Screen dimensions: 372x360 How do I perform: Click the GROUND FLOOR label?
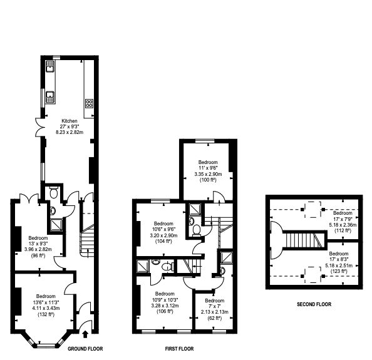[85, 349]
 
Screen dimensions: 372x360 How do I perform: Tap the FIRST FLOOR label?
[179, 349]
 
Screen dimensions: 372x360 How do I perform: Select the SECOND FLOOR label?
[314, 304]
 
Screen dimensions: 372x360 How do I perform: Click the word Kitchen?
[70, 121]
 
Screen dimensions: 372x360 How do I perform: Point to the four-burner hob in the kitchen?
[89, 103]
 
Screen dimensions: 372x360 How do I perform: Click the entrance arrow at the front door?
[85, 334]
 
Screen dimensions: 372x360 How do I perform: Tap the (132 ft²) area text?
[46, 315]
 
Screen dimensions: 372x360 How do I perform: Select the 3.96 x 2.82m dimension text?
[38, 249]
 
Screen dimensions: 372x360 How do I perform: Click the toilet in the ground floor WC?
[54, 193]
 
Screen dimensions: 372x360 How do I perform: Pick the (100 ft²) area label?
[208, 180]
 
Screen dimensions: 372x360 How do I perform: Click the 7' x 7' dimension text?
[214, 306]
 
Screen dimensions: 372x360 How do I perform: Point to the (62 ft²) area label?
[214, 318]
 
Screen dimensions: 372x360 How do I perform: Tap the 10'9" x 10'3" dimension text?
[165, 299]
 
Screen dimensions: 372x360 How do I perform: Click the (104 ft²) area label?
[163, 242]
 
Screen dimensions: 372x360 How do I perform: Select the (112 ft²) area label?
[343, 230]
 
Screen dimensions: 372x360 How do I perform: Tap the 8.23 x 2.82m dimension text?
[70, 132]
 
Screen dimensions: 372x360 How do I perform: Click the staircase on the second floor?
[305, 240]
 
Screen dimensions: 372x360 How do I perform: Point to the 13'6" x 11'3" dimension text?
[46, 302]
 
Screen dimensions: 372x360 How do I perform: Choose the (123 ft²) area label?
[339, 271]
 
